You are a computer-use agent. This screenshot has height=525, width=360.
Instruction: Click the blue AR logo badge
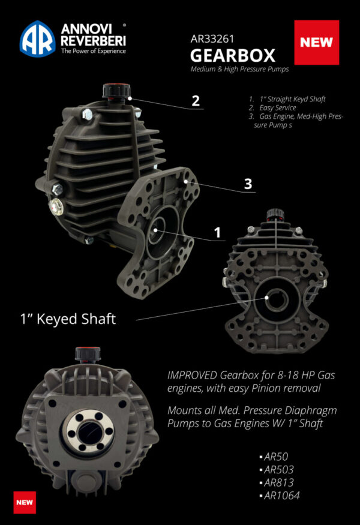click(38, 39)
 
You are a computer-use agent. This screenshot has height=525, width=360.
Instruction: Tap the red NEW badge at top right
click(317, 43)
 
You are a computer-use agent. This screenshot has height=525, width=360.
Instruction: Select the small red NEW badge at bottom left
click(25, 502)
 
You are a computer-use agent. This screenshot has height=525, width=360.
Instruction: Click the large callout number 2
click(195, 100)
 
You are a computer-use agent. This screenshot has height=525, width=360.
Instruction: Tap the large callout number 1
click(218, 232)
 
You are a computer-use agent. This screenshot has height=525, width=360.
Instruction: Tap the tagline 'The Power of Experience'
click(93, 52)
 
